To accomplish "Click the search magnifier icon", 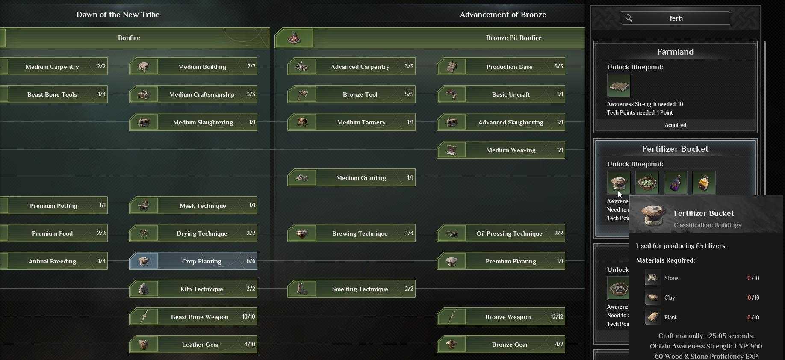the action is tap(629, 18).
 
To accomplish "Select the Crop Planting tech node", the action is tap(193, 261).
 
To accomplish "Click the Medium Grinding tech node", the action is tap(351, 177).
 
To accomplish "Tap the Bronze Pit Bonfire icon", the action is tap(294, 38).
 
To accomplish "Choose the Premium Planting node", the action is tap(501, 261).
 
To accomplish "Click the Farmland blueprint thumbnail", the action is tap(619, 86).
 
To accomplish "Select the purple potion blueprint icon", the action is tap(676, 183).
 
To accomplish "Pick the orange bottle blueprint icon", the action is tap(704, 183).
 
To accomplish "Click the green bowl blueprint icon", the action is tap(647, 183).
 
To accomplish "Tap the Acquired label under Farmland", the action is tap(676, 125).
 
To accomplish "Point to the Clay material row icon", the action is tap(652, 297).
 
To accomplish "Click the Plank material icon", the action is tap(652, 317).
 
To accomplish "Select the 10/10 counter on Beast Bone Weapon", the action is tap(248, 317).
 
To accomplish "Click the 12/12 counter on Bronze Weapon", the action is tap(557, 317).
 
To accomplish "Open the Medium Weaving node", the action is tap(501, 150).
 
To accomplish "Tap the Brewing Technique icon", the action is tap(302, 233).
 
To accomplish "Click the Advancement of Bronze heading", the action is tap(503, 15).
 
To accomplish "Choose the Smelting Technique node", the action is tap(351, 289).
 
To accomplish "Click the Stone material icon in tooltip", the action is tap(652, 277).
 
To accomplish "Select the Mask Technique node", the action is tap(193, 205).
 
